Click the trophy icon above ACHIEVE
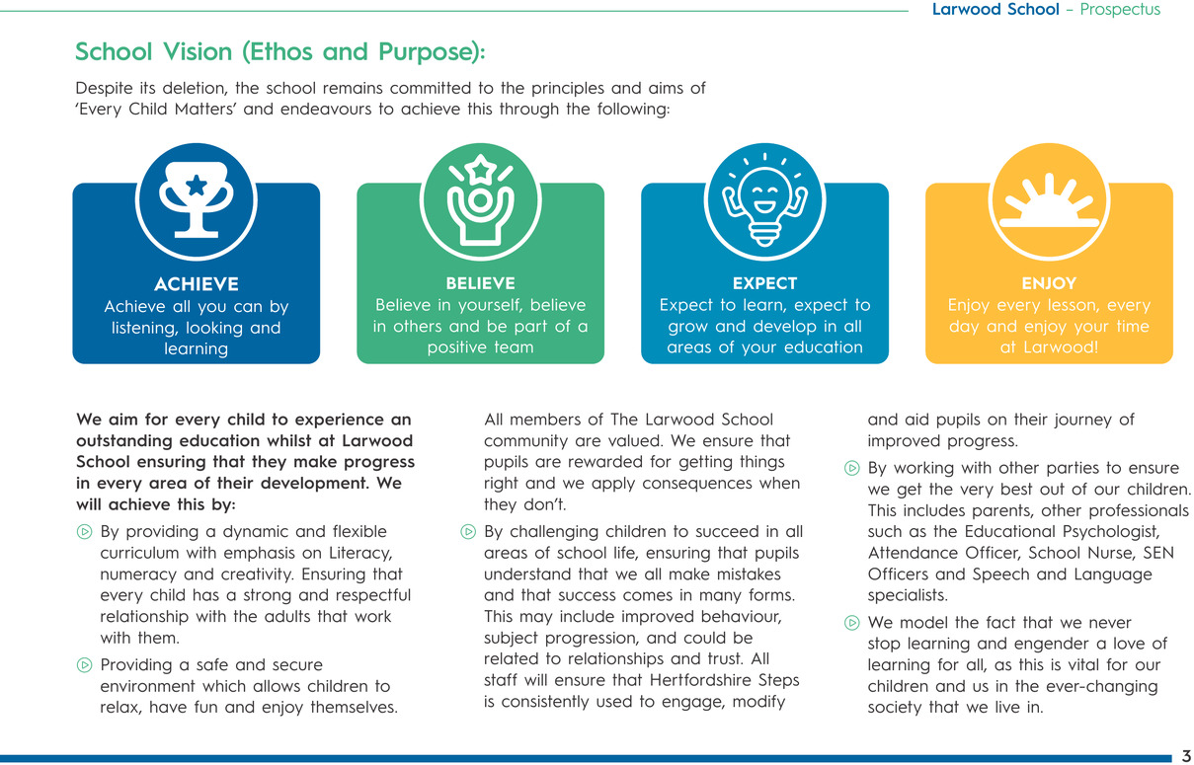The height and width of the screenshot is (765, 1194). click(197, 199)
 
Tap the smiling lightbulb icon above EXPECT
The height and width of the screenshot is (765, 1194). click(764, 199)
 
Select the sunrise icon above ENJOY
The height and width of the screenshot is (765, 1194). click(1049, 201)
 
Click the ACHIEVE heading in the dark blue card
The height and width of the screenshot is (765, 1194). click(197, 284)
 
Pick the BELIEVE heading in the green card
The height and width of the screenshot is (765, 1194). click(480, 283)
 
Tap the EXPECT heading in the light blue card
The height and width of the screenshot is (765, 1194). click(764, 283)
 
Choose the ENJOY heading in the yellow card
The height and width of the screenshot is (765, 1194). click(1049, 283)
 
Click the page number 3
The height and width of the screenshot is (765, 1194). click(1186, 756)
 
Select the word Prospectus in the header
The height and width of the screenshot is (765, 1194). click(1120, 9)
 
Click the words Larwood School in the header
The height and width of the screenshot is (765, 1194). click(995, 9)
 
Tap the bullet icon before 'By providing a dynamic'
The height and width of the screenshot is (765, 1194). click(84, 532)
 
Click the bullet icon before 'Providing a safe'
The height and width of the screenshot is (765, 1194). click(84, 665)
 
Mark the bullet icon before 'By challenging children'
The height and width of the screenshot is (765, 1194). click(468, 532)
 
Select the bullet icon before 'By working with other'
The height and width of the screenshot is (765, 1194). click(851, 468)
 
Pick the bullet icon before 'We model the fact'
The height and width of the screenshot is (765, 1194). click(851, 622)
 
